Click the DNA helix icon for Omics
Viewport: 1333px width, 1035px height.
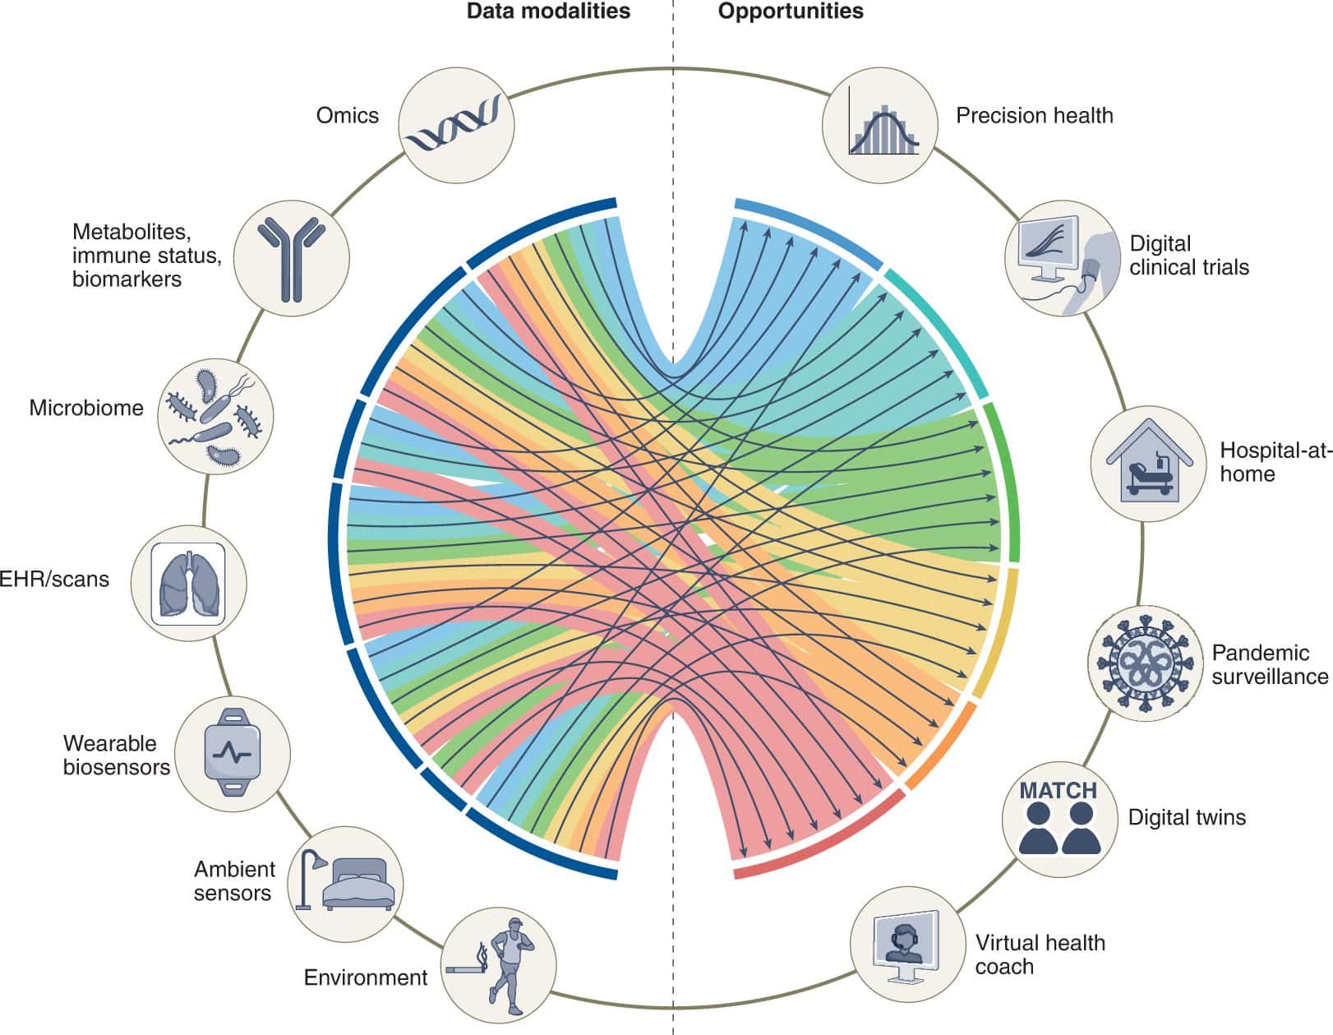pos(456,125)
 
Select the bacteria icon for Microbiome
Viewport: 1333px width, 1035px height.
pos(215,415)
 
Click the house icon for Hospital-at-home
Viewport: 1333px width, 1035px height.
pos(1148,462)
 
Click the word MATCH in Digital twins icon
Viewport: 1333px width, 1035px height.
pos(1058,791)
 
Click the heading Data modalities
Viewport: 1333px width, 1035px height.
pos(548,12)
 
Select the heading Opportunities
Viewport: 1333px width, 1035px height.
pos(791,12)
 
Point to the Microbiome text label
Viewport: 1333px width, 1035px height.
pos(86,408)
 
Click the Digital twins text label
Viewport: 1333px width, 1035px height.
pos(1187,817)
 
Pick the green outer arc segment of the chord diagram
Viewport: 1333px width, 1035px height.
pos(1012,485)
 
